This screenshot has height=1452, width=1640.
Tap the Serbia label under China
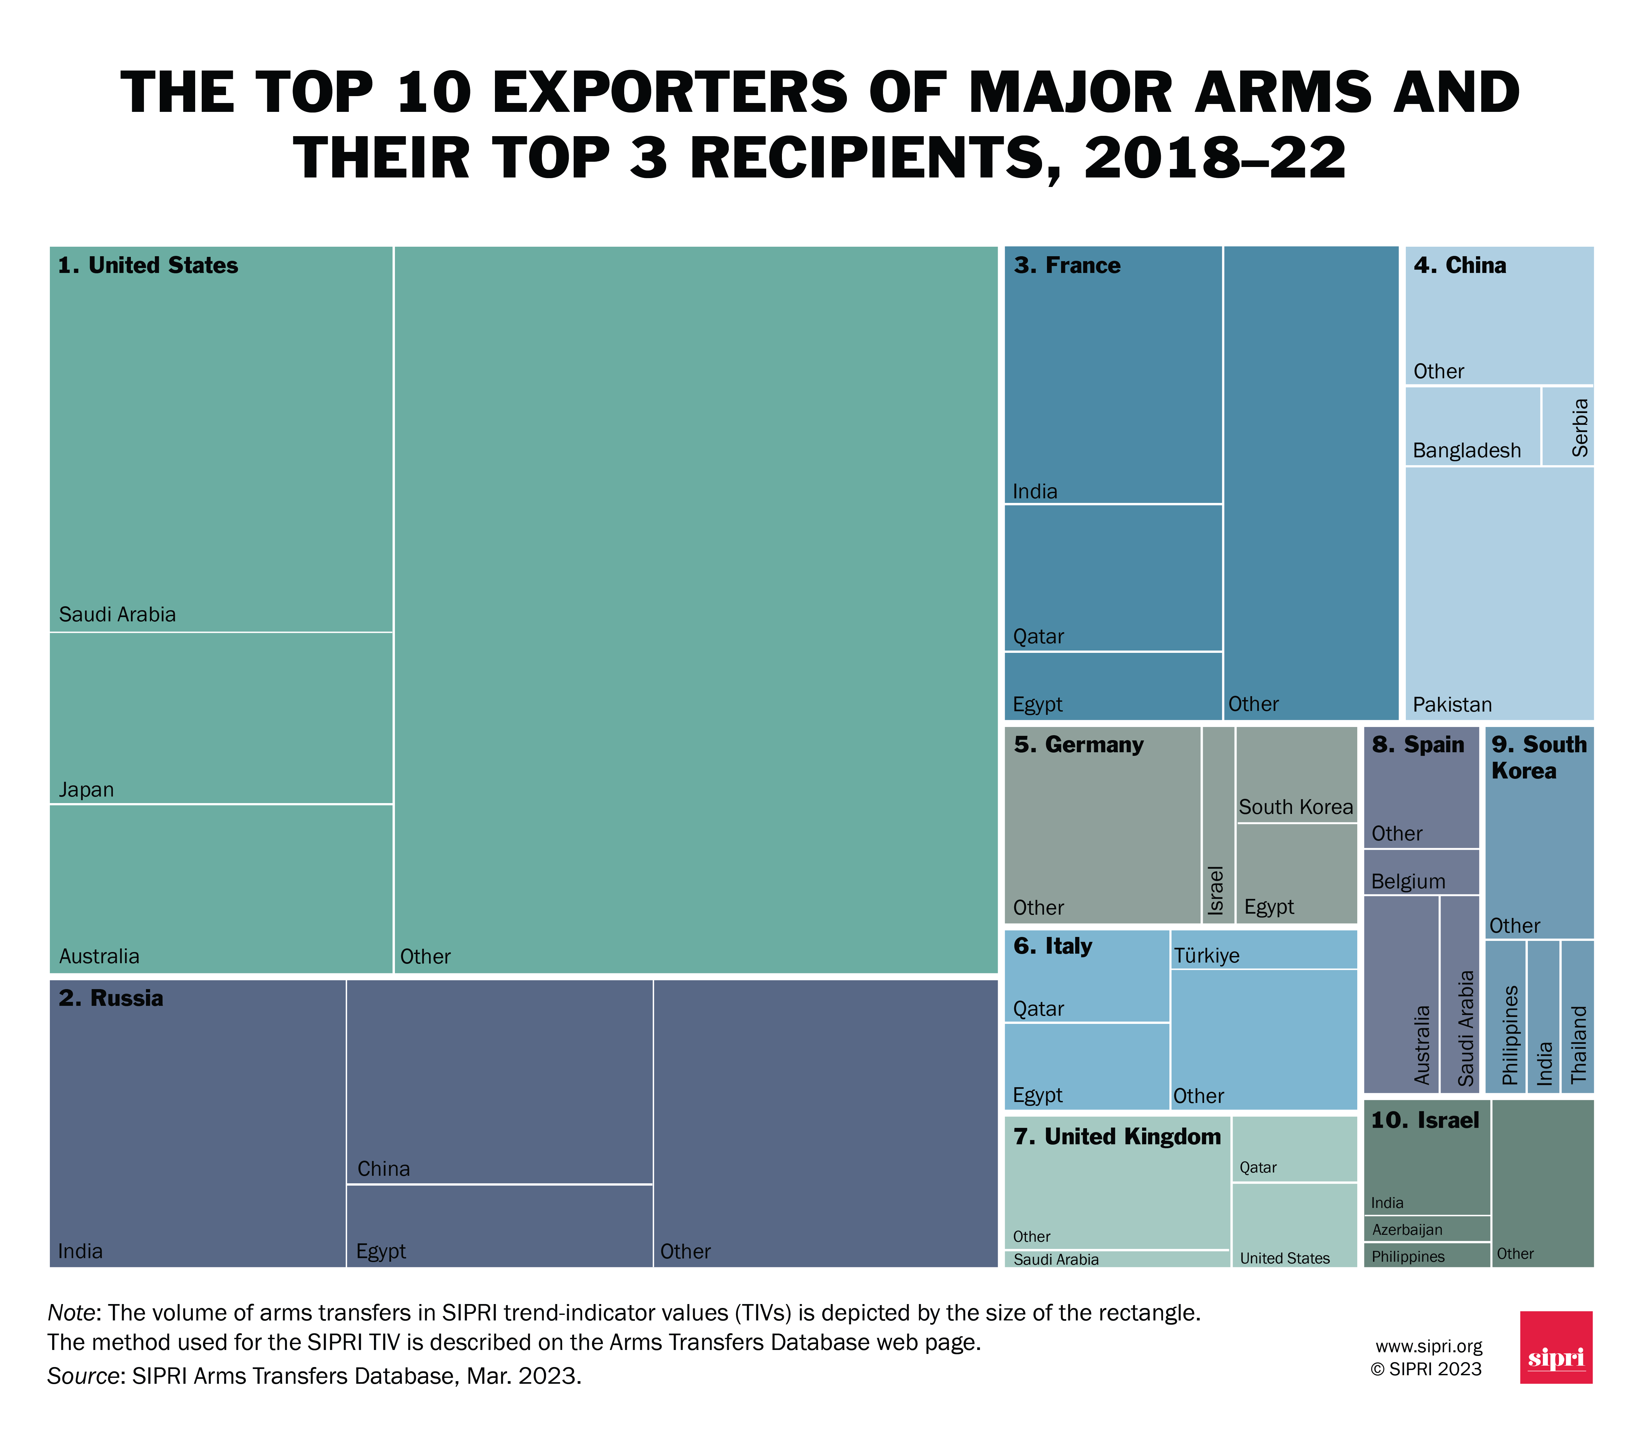[1579, 428]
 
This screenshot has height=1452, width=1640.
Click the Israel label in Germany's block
[1216, 891]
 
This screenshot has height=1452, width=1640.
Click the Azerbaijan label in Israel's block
[1406, 1230]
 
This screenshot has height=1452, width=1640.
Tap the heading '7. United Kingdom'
[1116, 1136]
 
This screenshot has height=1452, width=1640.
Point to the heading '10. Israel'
[1424, 1121]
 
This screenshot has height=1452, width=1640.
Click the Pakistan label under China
[1451, 705]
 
